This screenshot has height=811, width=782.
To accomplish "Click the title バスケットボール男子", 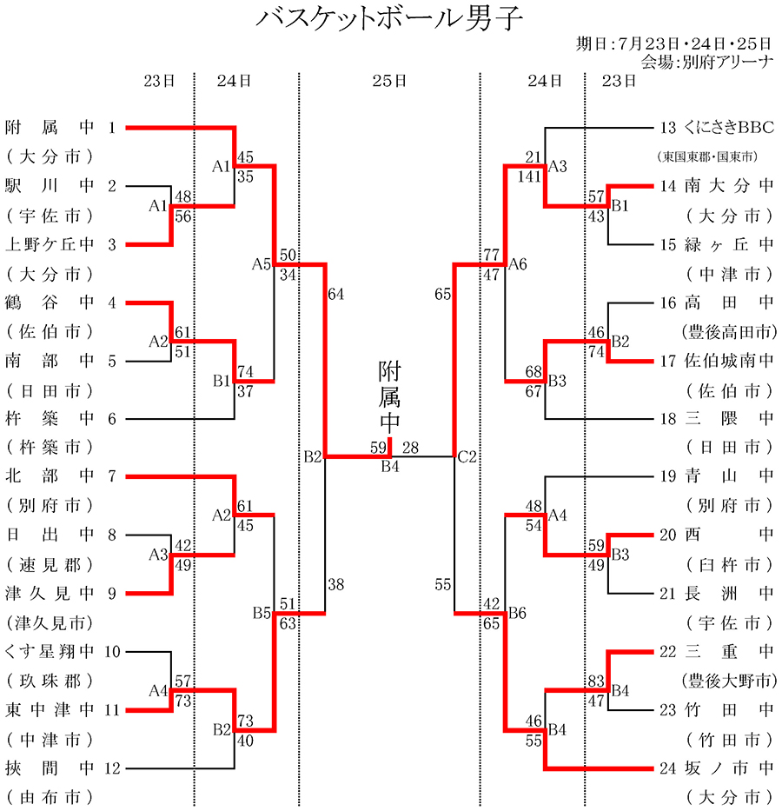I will click(390, 19).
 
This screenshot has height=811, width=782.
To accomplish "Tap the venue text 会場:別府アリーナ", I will click(706, 62).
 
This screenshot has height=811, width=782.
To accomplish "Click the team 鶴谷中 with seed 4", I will click(49, 302).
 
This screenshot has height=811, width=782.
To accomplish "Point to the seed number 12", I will click(112, 768).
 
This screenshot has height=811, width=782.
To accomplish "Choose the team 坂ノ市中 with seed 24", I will click(728, 768).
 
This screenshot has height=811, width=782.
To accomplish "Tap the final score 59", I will click(378, 448).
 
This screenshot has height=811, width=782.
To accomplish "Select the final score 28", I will click(411, 448).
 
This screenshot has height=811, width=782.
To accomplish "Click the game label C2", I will click(467, 456).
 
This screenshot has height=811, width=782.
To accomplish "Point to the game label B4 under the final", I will click(390, 465).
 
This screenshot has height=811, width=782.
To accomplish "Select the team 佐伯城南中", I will click(728, 361).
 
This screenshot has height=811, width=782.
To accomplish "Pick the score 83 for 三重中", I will click(596, 681).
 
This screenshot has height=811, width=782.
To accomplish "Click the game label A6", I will click(518, 263).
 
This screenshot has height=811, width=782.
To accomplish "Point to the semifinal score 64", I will click(336, 294).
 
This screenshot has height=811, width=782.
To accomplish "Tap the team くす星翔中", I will click(49, 651).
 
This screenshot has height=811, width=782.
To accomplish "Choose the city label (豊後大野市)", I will click(728, 681).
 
